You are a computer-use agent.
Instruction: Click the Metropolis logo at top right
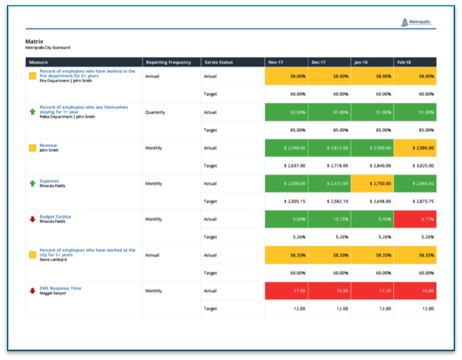[417, 23]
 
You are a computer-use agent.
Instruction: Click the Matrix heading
[34, 41]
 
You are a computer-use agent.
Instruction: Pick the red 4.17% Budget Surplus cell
[415, 219]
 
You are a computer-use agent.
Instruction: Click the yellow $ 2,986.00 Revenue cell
[415, 147]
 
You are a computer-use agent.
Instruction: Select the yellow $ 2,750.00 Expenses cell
[372, 183]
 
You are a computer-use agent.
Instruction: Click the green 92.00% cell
[286, 112]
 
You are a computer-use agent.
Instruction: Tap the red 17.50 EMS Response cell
[286, 290]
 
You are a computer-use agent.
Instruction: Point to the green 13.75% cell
[329, 219]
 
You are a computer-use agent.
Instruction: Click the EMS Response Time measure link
[60, 288]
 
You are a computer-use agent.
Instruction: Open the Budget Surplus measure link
[55, 216]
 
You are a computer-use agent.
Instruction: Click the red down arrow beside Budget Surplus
[32, 219]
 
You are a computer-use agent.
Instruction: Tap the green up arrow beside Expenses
[32, 183]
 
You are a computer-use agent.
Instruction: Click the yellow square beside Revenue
[32, 147]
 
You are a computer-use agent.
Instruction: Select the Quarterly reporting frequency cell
[155, 112]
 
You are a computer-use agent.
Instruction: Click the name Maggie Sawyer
[53, 294]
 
